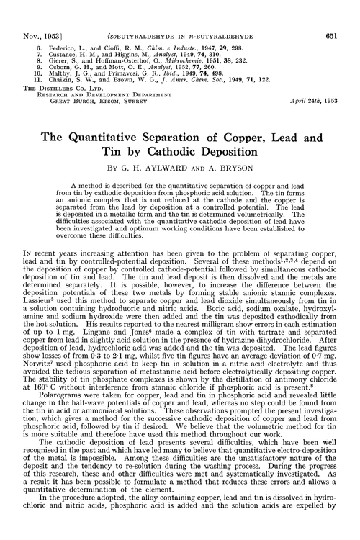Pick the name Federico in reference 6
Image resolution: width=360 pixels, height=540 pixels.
point(60,27)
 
